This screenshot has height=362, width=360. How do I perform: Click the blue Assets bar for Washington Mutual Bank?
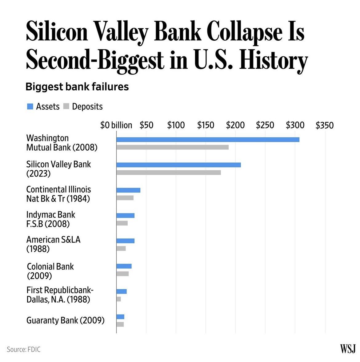[x=208, y=140]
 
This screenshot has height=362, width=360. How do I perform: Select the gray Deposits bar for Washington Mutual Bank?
[x=172, y=147]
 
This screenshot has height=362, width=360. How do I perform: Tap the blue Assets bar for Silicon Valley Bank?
[x=178, y=165]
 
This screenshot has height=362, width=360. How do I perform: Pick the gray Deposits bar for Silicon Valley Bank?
[x=169, y=173]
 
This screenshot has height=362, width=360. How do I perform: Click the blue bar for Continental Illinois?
[x=128, y=190]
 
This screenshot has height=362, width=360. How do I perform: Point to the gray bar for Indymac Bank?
[x=122, y=223]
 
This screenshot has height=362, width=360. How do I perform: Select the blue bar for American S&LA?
[x=126, y=241]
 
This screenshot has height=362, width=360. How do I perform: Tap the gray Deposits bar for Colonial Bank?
[x=122, y=274]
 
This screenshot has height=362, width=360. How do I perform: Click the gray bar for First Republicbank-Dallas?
[x=119, y=299]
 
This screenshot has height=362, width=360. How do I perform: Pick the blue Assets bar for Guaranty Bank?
[x=120, y=317]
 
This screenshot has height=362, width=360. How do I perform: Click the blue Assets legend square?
[x=30, y=107]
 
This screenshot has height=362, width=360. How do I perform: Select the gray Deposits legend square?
[x=66, y=107]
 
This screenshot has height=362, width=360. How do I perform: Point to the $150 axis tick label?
[x=206, y=125]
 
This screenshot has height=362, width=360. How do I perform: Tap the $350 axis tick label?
[x=324, y=125]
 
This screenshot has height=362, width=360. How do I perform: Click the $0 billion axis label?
[x=116, y=125]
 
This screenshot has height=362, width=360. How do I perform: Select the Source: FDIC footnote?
[x=24, y=349]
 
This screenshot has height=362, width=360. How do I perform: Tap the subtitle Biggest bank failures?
[x=77, y=87]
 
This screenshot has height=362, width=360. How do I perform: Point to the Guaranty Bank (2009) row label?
[x=65, y=320]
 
